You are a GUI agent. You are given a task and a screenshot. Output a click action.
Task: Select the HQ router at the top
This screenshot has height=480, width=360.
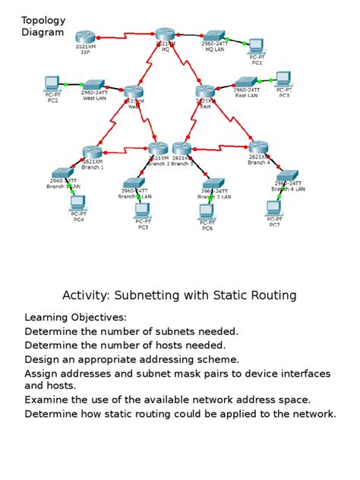pos(166,34)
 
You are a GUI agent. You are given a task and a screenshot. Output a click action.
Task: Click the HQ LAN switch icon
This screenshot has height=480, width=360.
pos(214,35)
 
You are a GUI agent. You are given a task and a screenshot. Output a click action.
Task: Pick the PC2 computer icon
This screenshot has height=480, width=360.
pos(52,82)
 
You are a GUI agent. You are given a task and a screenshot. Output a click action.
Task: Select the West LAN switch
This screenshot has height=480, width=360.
pos(94,85)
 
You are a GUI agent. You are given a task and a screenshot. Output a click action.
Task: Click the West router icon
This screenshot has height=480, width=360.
pos(134,91)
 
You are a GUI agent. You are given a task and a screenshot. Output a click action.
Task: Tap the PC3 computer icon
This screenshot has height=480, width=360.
pos(283,77)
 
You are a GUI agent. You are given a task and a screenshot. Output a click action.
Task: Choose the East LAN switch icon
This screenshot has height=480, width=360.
pos(247,82)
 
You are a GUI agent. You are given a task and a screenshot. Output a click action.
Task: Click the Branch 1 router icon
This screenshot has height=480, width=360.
pos(92,152)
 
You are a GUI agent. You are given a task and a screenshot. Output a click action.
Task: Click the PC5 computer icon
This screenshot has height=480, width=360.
pos(142,210)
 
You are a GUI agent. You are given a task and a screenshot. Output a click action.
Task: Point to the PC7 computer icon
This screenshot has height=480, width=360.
pos(273,207)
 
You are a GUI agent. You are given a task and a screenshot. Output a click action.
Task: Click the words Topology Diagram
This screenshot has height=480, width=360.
pos(43,26)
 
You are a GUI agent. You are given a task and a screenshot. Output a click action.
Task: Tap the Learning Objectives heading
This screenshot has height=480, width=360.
pos(76,317)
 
